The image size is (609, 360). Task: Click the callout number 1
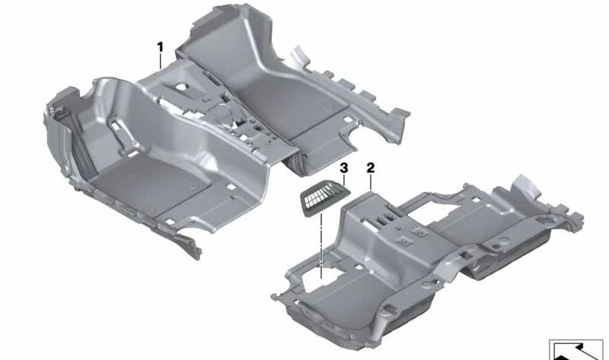tap(160, 47)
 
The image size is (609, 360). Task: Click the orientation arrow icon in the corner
tap(575, 349)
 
